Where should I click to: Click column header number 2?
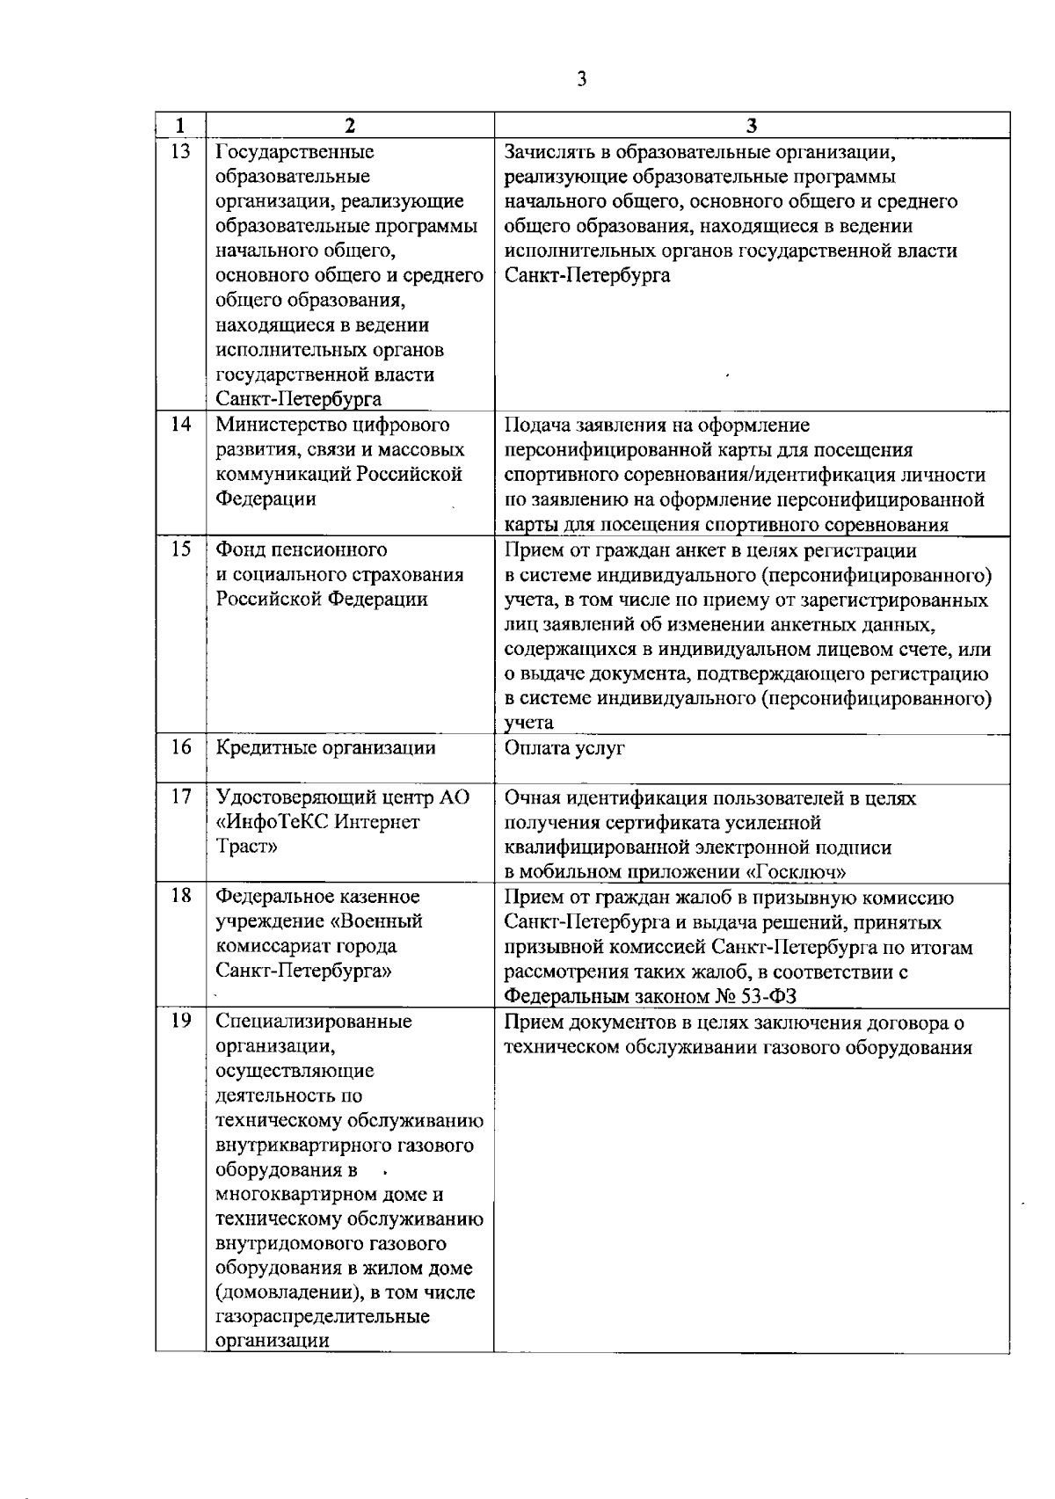[x=349, y=125]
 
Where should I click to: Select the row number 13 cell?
[x=180, y=152]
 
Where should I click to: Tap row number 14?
[x=180, y=426]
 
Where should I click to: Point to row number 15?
[x=180, y=549]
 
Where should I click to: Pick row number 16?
[x=180, y=747]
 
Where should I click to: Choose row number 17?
[x=180, y=797]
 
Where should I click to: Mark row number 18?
[x=180, y=896]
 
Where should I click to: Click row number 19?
[x=180, y=1022]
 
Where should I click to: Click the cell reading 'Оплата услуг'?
[x=564, y=749]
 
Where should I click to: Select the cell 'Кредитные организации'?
[x=326, y=748]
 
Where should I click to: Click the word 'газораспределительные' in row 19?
[x=323, y=1317]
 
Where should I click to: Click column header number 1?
[x=180, y=125]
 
